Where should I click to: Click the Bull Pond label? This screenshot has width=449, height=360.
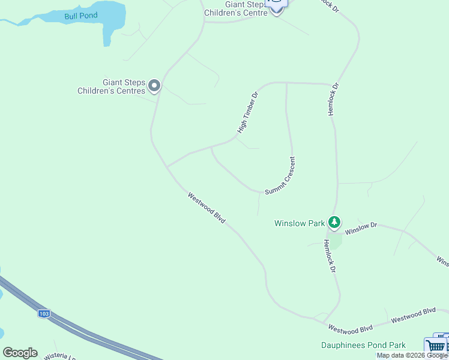point(81,15)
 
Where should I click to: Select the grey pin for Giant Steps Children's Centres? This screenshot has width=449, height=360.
point(154,86)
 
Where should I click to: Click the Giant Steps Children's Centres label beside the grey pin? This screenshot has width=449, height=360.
point(115,86)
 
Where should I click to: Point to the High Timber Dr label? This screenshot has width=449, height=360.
point(247,112)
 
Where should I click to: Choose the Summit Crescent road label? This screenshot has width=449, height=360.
point(280,175)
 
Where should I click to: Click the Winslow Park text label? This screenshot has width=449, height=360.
point(300,223)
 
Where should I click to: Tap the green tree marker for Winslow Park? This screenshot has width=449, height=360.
point(334,223)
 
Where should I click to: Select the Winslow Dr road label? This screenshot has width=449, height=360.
point(361,227)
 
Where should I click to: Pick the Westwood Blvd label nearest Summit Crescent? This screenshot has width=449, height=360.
point(206,208)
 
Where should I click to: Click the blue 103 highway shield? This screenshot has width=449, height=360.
point(44,314)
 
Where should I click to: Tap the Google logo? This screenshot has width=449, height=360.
point(20,353)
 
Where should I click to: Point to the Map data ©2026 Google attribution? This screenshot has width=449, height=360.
point(412,356)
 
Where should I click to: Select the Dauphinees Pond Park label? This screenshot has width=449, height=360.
point(363,345)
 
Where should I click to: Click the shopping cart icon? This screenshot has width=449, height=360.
point(435,346)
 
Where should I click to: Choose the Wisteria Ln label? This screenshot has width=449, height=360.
point(60,356)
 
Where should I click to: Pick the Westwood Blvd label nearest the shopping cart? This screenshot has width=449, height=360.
point(413,315)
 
